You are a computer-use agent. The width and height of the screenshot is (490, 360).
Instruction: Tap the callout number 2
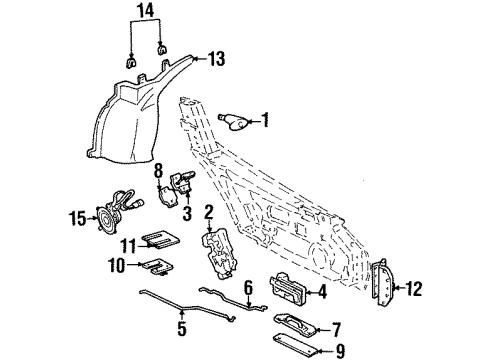click(x=209, y=211)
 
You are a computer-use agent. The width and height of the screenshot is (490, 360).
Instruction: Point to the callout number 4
click(x=322, y=293)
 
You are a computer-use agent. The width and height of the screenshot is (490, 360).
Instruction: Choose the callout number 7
click(x=336, y=327)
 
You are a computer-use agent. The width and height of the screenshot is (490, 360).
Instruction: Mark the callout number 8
click(x=158, y=171)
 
